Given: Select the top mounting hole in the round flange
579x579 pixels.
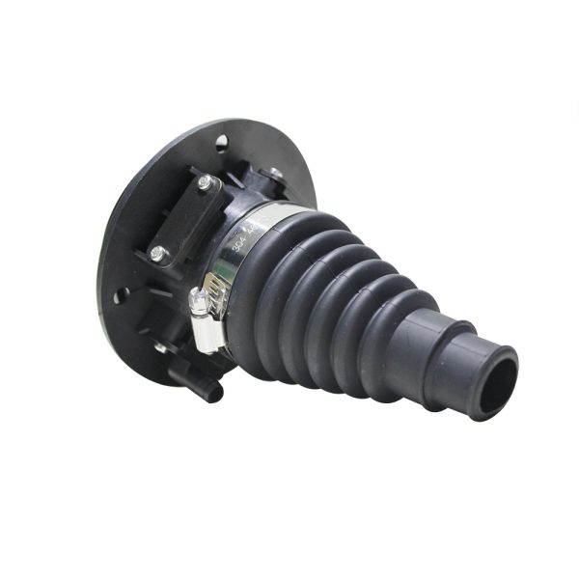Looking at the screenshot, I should (221, 142).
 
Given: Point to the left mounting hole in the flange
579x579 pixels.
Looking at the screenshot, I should (120, 295).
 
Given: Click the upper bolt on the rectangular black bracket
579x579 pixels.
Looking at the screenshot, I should (205, 181).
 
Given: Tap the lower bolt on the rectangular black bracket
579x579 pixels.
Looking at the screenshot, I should (157, 253).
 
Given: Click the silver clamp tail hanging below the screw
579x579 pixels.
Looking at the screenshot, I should (207, 334).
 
